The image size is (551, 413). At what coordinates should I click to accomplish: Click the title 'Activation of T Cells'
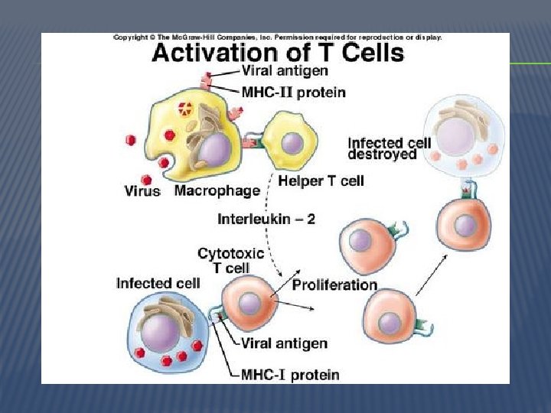(277, 54)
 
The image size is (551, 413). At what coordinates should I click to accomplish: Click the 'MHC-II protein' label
(293, 93)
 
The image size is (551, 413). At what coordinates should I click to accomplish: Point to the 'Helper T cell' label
(321, 181)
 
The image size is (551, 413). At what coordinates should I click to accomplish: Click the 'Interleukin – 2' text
(266, 219)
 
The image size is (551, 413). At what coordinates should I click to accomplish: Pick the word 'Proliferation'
(334, 285)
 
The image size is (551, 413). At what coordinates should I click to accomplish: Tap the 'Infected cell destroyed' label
(389, 148)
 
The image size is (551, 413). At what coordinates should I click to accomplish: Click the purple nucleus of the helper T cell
(292, 143)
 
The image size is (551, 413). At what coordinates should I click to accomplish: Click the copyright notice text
(277, 37)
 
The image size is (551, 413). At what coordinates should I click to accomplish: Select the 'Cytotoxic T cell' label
(230, 260)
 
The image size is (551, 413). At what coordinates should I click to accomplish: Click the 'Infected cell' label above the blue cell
(158, 283)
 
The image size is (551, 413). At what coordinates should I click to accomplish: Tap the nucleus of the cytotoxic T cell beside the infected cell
(249, 304)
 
